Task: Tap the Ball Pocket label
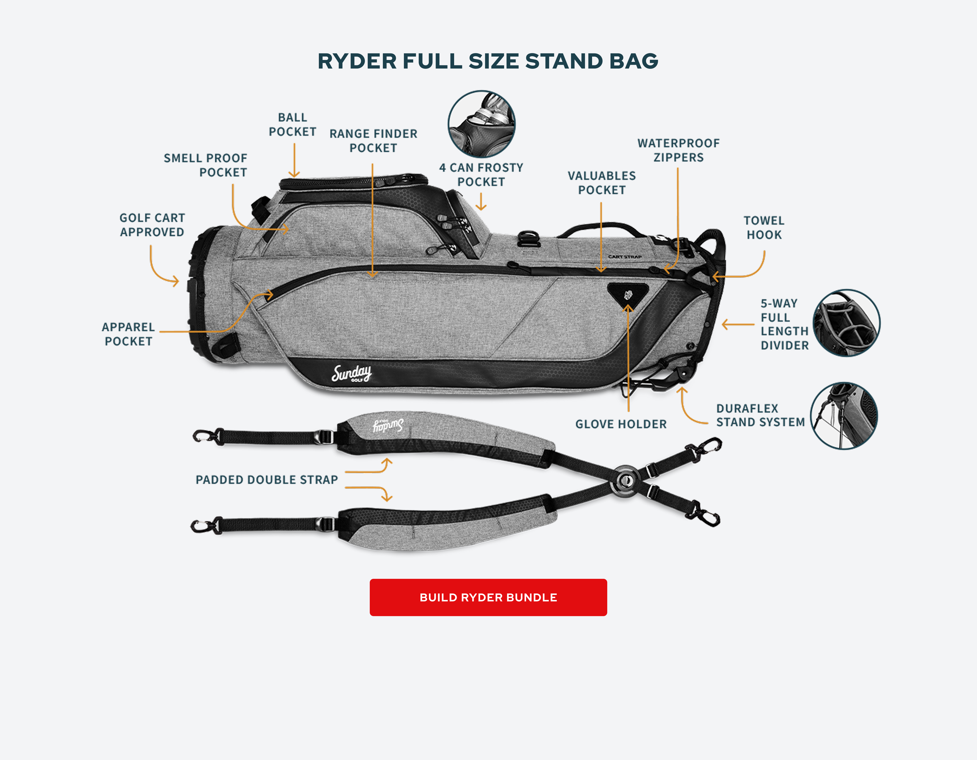click(x=293, y=124)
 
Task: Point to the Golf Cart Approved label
click(x=152, y=225)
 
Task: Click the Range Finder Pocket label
click(x=374, y=140)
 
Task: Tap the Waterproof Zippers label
click(x=679, y=150)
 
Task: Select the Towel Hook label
click(x=764, y=228)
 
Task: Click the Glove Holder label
click(x=621, y=424)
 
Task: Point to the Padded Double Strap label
click(x=267, y=480)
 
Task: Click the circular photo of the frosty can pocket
click(x=481, y=124)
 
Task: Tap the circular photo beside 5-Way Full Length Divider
click(x=846, y=323)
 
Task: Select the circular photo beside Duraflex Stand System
click(x=844, y=416)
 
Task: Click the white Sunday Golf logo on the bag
click(x=352, y=373)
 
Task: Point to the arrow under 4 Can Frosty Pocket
click(x=481, y=201)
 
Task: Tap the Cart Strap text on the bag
click(x=625, y=257)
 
